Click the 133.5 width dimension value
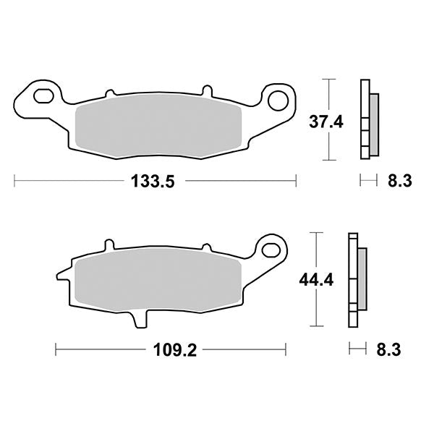point(153,182)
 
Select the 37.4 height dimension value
point(326,122)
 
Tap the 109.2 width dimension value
point(175,350)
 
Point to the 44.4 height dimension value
point(316,281)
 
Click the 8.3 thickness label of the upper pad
point(400,181)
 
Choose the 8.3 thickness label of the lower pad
point(388,349)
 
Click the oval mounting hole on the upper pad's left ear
point(43,95)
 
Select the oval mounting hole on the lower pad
point(271,250)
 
